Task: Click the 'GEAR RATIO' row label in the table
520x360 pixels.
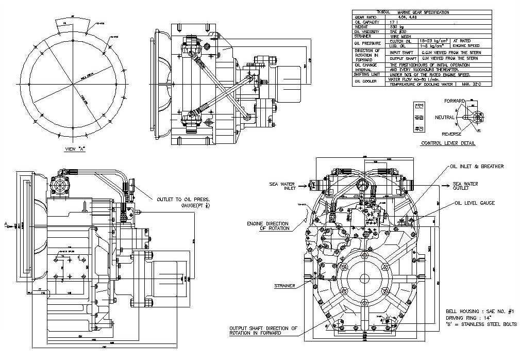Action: [364, 17]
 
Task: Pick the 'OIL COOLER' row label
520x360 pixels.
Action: [366, 81]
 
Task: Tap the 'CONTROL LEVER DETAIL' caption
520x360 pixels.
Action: [448, 143]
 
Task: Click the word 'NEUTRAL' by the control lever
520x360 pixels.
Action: [445, 117]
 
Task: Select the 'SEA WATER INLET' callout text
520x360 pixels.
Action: [282, 186]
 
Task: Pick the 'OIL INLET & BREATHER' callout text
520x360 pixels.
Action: [477, 167]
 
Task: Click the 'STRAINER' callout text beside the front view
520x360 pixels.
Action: [285, 285]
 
